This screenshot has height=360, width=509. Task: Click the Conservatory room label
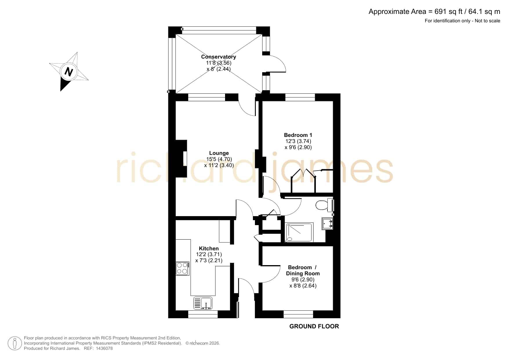pos(218,57)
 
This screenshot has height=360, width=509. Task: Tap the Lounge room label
pos(219,153)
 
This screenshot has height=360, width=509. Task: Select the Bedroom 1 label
pos(298,135)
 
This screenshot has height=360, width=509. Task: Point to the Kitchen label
pos(209,249)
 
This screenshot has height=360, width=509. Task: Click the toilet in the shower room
pos(324,205)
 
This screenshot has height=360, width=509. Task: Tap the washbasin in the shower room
pos(327,224)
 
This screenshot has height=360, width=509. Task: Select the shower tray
pos(299,232)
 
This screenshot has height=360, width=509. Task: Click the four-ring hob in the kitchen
pos(182,268)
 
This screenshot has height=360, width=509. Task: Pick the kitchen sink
pos(203,303)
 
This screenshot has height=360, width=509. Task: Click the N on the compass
pos(68,71)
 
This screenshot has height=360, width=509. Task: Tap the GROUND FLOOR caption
pos(314,326)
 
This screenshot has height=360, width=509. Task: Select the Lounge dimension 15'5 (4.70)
pos(219,159)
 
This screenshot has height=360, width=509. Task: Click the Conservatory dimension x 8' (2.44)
pos(219,69)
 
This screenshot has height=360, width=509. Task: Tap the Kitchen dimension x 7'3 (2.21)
pos(209,260)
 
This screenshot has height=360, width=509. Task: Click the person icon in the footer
pos(15,343)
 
